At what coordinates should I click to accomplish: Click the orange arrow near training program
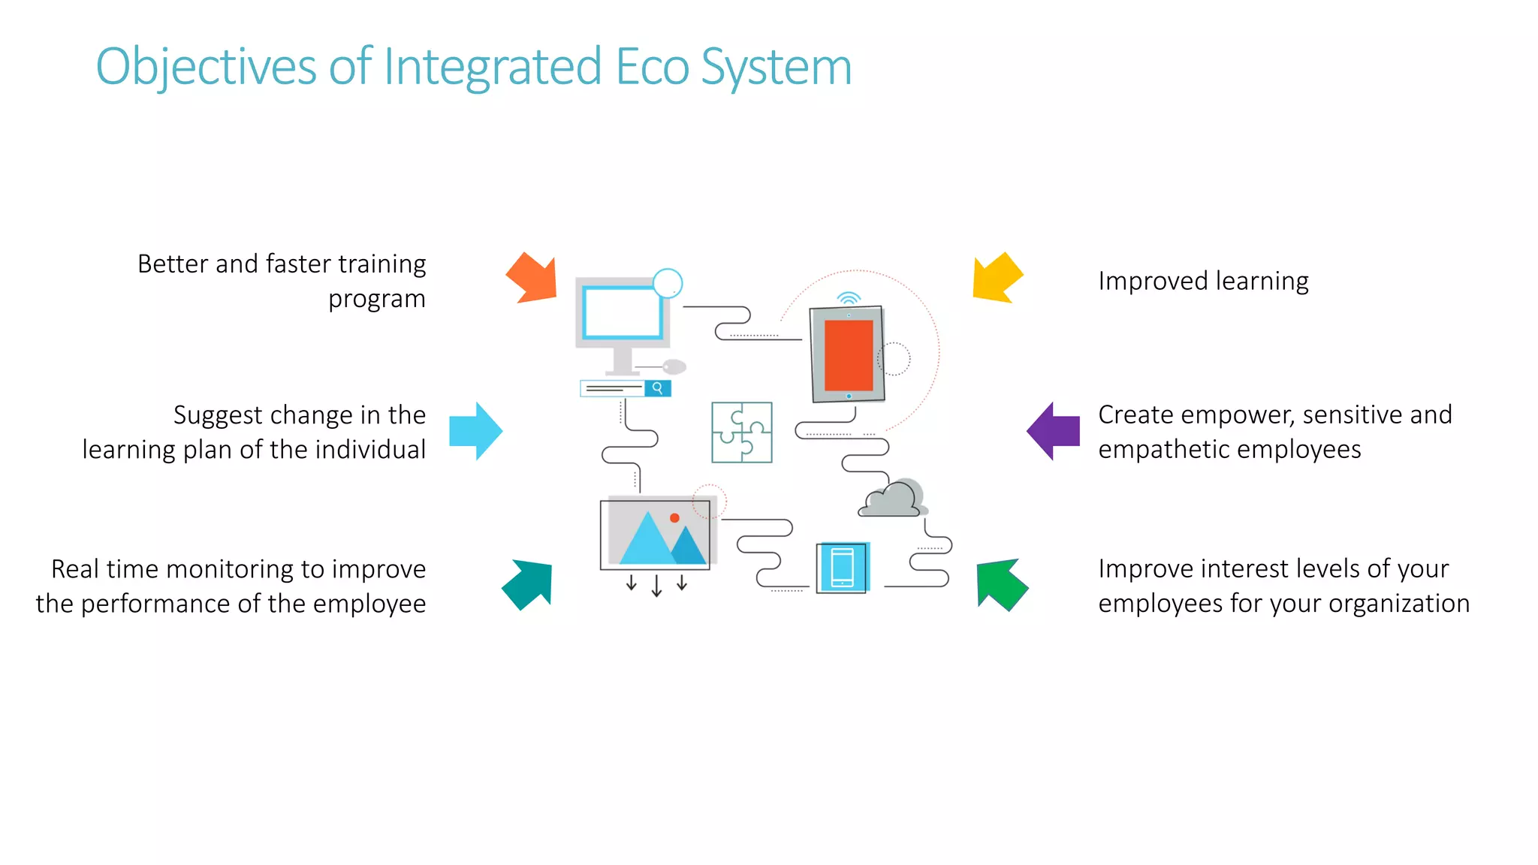coord(534,279)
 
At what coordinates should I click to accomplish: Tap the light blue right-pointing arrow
coord(475,431)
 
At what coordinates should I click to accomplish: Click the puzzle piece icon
coord(741,432)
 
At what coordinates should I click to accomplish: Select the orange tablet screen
coord(849,355)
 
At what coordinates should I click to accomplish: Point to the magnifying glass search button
coord(657,388)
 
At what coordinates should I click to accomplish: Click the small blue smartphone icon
coord(843,568)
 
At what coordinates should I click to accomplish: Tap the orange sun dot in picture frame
coord(674,518)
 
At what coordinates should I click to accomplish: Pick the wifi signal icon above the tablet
coord(849,298)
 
